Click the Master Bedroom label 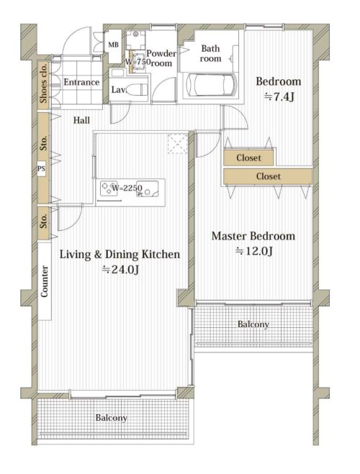[253, 236]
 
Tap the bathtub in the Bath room [211, 85]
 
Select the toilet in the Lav [136, 89]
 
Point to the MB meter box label [114, 45]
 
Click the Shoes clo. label [44, 82]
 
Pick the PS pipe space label [42, 168]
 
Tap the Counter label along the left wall [44, 281]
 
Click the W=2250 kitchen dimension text [127, 188]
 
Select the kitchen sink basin [148, 189]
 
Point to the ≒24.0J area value [120, 269]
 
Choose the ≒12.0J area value [254, 251]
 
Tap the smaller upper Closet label [248, 158]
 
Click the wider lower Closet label [269, 176]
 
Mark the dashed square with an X [178, 144]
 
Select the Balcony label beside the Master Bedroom [253, 324]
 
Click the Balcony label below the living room [112, 418]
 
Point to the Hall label [81, 120]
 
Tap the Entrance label [81, 82]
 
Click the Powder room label [161, 58]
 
